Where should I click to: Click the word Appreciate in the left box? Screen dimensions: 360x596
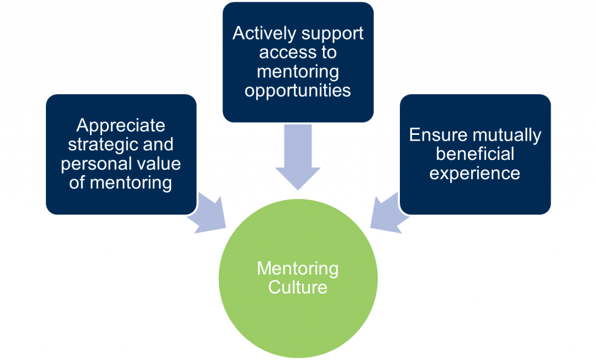(121, 126)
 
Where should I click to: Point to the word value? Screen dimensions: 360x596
(155, 164)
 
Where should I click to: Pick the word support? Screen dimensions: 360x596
(331, 33)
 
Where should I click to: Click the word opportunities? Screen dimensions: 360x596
(298, 91)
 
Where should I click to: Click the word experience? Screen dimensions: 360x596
(475, 173)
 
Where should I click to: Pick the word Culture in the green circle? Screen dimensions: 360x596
(298, 287)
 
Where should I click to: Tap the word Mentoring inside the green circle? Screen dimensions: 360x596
(298, 269)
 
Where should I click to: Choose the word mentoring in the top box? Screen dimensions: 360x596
(298, 72)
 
